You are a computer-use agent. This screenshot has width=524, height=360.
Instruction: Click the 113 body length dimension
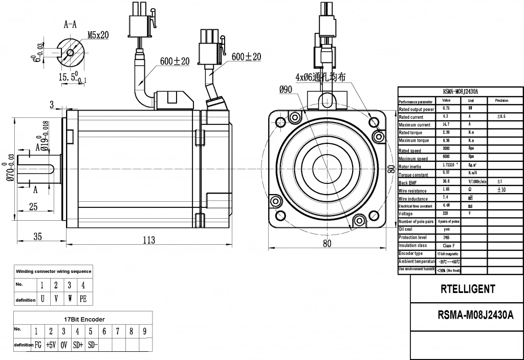pos(148,240)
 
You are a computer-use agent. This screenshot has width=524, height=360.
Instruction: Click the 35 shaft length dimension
pos(38,236)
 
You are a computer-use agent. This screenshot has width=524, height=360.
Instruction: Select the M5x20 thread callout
pos(98,35)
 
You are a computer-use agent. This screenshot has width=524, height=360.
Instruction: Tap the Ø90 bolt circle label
pos(286,89)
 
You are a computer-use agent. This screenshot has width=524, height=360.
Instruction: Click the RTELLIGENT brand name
pos(467,289)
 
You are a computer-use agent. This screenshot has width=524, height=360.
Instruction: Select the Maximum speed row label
pos(417,158)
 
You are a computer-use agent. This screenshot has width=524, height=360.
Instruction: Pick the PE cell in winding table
pos(83,298)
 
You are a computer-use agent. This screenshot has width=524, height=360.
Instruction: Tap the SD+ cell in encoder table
pos(78,345)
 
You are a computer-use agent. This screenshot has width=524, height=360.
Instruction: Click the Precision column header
pos(501,101)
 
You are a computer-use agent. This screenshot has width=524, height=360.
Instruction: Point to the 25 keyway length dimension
pos(34,207)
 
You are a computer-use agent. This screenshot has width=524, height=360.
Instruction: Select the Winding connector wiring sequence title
pos(54,271)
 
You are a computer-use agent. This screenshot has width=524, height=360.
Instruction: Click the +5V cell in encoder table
pos(51,345)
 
